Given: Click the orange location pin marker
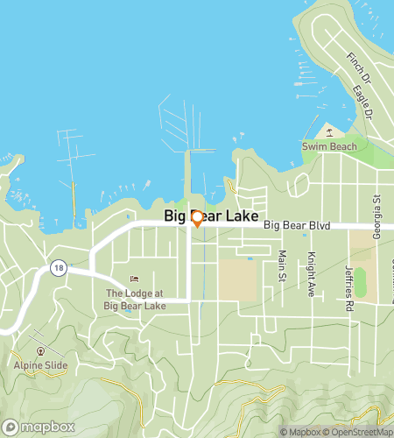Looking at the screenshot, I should [x=197, y=219].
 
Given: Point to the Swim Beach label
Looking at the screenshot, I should [x=329, y=146].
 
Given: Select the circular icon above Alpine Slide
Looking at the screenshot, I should [x=39, y=351].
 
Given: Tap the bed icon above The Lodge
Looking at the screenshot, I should [x=134, y=279].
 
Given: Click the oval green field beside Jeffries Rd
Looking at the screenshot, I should [x=359, y=282].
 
